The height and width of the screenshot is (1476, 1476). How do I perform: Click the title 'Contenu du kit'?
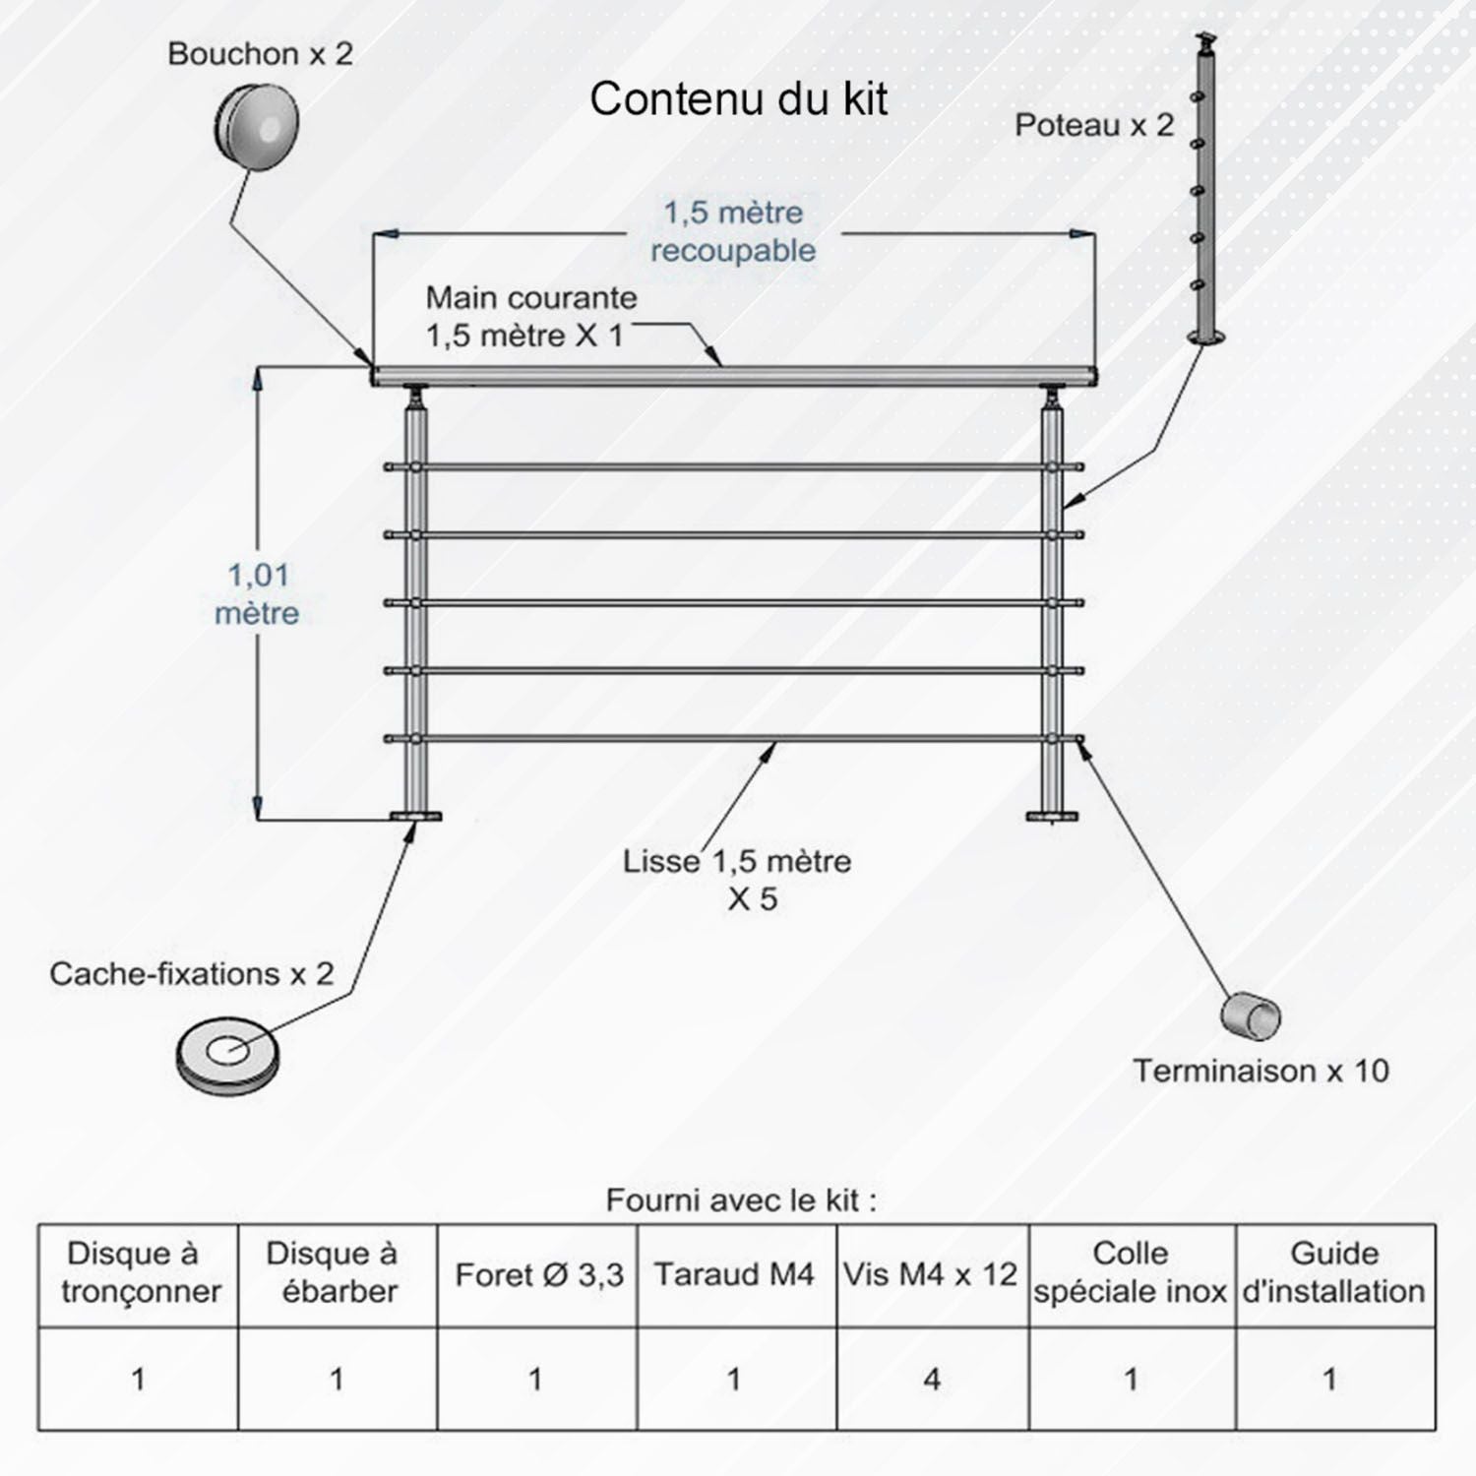(738, 99)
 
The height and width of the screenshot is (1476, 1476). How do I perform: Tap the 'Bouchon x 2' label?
(260, 54)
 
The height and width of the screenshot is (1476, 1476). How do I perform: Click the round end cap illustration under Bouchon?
(257, 127)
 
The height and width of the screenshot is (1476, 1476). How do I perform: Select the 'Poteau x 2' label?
(1094, 126)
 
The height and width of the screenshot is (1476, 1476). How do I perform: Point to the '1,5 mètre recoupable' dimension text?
(733, 231)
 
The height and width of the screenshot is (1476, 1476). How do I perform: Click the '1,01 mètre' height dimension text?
(258, 593)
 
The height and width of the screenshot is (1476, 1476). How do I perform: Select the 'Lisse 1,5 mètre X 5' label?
(737, 879)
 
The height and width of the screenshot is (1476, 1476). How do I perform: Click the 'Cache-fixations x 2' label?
(192, 974)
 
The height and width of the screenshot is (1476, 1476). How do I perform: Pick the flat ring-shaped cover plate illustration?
(227, 1055)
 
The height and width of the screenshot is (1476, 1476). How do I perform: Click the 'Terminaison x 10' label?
(1261, 1071)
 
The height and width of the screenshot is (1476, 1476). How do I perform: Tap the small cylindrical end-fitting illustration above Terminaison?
(1251, 1015)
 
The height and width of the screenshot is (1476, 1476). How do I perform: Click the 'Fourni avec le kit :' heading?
(740, 1200)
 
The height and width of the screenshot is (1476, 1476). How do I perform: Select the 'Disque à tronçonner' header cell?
(139, 1273)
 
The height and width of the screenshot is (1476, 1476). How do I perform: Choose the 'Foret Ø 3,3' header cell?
(538, 1275)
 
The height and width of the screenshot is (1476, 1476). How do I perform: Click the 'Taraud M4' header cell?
(734, 1275)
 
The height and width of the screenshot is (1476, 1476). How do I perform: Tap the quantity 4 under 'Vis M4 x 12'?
(932, 1380)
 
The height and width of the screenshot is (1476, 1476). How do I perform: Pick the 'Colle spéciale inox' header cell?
(1131, 1273)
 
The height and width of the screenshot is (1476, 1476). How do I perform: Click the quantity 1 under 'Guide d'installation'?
(1329, 1380)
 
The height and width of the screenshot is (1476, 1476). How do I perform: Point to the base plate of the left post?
(416, 817)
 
